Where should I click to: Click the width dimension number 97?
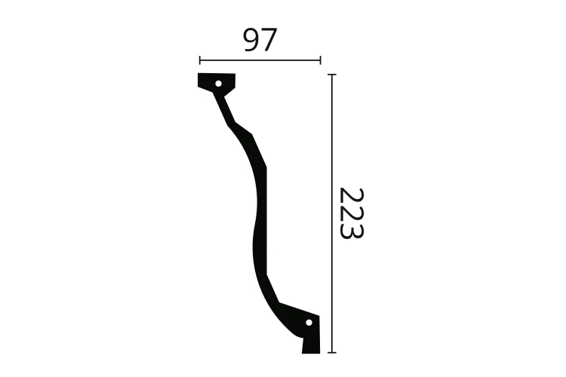(x=260, y=40)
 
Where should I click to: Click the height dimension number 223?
(x=350, y=213)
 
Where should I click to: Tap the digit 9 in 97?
(x=251, y=40)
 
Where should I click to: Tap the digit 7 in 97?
(x=269, y=40)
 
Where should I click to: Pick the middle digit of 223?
(x=350, y=213)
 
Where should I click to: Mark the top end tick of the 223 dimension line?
(x=332, y=75)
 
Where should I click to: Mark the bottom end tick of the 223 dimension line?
(x=332, y=352)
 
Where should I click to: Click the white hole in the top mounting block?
(x=218, y=84)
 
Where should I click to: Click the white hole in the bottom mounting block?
(x=308, y=323)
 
